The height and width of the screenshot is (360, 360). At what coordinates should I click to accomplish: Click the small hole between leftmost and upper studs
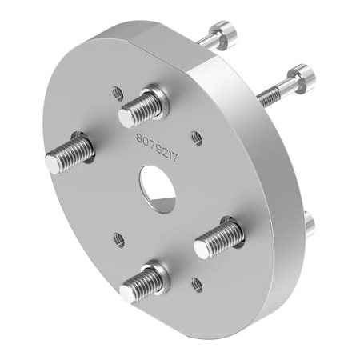(x=118, y=91)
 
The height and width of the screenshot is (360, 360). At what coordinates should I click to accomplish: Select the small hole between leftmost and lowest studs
(x=118, y=238)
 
